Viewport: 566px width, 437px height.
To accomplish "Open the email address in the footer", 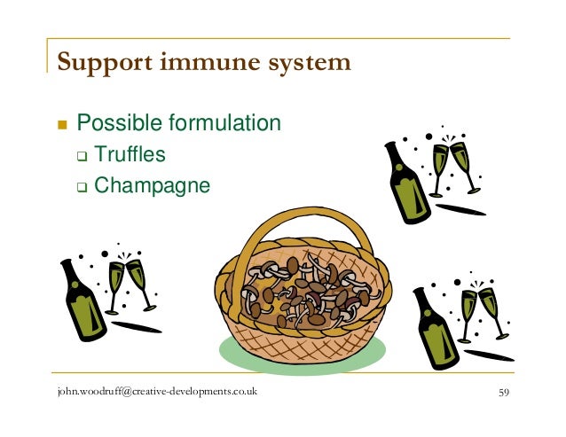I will point(156,392).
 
